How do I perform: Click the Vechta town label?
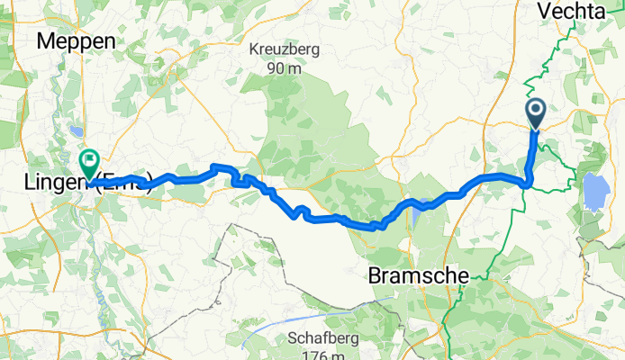click(573, 11)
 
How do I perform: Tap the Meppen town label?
click(77, 41)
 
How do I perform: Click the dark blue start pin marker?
click(535, 112)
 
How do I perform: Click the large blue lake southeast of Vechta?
click(595, 190)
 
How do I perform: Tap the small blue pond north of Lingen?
click(71, 136)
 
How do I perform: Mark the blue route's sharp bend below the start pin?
click(530, 184)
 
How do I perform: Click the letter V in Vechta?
click(543, 11)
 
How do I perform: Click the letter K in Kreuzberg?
click(254, 49)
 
